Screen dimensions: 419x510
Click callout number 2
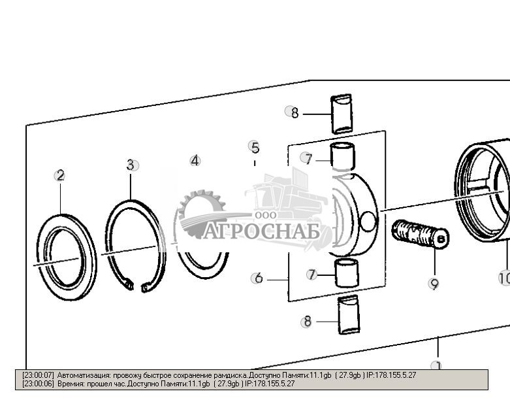pyautogui.click(x=60, y=175)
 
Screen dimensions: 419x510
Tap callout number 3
pyautogui.click(x=131, y=165)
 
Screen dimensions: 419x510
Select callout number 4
pyautogui.click(x=195, y=160)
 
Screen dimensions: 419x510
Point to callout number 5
pyautogui.click(x=255, y=147)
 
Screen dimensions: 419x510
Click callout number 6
pyautogui.click(x=259, y=278)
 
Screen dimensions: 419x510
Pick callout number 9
pyautogui.click(x=434, y=284)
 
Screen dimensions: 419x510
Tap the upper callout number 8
pyautogui.click(x=295, y=112)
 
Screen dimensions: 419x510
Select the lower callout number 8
pyautogui.click(x=306, y=322)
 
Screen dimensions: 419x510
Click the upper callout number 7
pyautogui.click(x=308, y=158)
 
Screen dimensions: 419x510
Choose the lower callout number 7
pyautogui.click(x=312, y=275)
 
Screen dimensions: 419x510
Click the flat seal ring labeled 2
pyautogui.click(x=66, y=256)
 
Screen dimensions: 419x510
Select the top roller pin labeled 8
pyautogui.click(x=342, y=114)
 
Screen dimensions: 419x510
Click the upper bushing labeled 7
pyautogui.click(x=343, y=157)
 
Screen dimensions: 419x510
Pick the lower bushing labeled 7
pyautogui.click(x=346, y=273)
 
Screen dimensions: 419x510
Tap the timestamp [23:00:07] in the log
pyautogui.click(x=39, y=375)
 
